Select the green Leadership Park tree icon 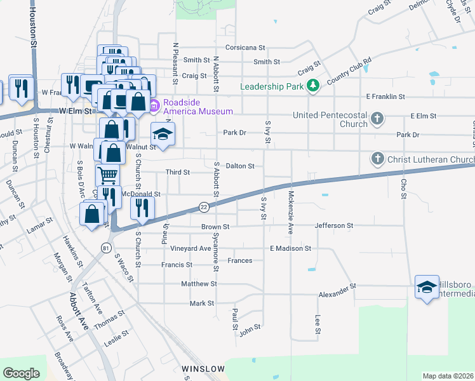tap(312, 86)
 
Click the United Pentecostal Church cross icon tap(377, 118)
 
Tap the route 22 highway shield tap(204, 207)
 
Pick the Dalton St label tap(240, 166)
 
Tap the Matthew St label tap(199, 284)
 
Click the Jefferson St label tap(334, 225)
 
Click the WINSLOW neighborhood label tap(203, 368)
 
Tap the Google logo tap(21, 373)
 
